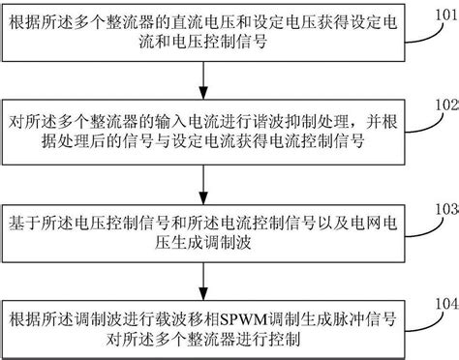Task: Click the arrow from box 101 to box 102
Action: point(202,75)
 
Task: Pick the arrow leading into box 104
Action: point(202,276)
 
